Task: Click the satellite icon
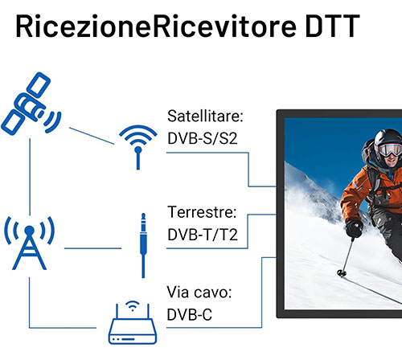31,104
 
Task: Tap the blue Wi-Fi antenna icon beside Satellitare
138,147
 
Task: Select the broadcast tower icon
29,243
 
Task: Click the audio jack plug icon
143,245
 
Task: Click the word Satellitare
205,117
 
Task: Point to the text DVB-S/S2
203,138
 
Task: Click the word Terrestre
202,212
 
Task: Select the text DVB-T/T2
203,235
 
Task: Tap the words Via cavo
199,292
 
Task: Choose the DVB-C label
190,314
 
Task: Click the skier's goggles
391,149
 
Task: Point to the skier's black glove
355,227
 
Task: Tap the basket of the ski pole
341,273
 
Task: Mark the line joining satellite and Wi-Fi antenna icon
92,136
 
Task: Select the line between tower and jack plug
92,248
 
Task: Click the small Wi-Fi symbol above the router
132,306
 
